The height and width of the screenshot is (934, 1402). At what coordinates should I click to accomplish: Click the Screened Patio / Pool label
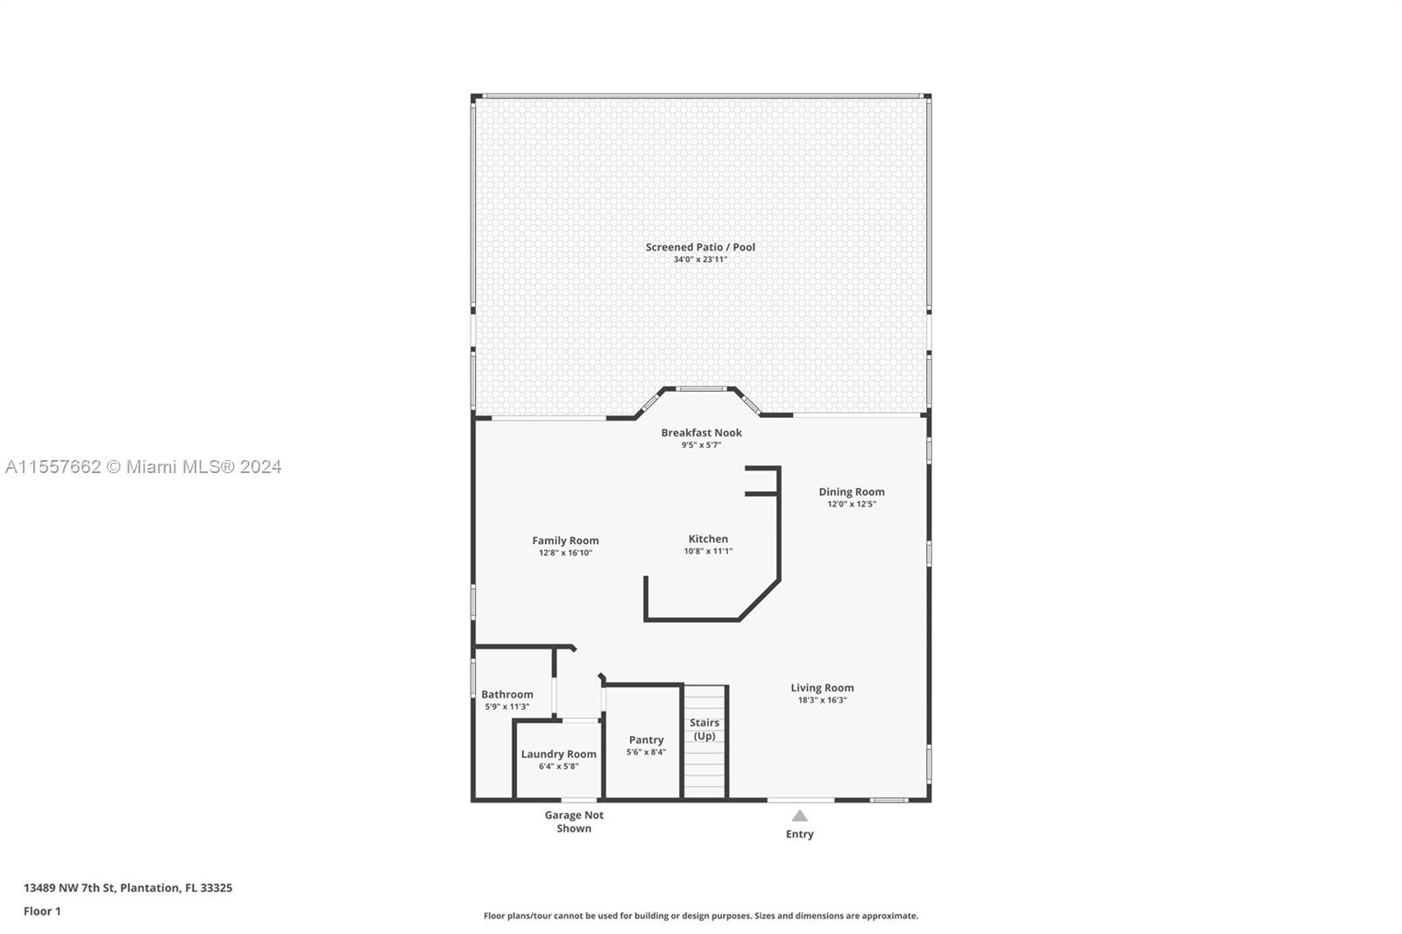coord(700,247)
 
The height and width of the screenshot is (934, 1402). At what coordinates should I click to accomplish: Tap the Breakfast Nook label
coord(701,433)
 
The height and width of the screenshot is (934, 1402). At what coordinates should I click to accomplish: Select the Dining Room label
coord(851,492)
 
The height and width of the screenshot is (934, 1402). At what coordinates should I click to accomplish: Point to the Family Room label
coord(565,541)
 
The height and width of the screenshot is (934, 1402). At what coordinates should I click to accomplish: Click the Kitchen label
coord(708,539)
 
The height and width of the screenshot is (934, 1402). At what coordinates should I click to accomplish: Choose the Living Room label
coord(822,688)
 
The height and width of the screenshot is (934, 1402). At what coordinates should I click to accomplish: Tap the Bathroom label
coord(507,694)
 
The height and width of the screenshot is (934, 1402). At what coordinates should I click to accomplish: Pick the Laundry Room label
coord(558,754)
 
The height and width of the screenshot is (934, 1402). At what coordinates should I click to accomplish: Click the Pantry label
coord(646,740)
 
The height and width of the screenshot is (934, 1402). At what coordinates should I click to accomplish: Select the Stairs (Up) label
coord(705,729)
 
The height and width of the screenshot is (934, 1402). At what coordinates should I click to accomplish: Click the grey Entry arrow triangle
coord(799,816)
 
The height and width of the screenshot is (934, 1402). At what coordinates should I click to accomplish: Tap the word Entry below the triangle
coord(799,834)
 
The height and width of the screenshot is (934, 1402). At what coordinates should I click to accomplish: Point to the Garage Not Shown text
coord(574,821)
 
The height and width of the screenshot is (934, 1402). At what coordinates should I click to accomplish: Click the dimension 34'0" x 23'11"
coord(700,260)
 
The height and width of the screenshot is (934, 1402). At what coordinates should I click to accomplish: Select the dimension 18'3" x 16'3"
coord(822,701)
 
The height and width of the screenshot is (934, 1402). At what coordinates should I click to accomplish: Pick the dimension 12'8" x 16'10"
coord(565,553)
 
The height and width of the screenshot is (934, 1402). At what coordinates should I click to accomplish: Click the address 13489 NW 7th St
coord(69,888)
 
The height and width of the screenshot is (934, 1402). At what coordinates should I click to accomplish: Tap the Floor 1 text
coord(43,911)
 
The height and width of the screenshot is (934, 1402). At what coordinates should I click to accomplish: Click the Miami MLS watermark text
coord(144,467)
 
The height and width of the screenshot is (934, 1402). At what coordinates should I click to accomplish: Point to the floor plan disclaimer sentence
coord(701,916)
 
